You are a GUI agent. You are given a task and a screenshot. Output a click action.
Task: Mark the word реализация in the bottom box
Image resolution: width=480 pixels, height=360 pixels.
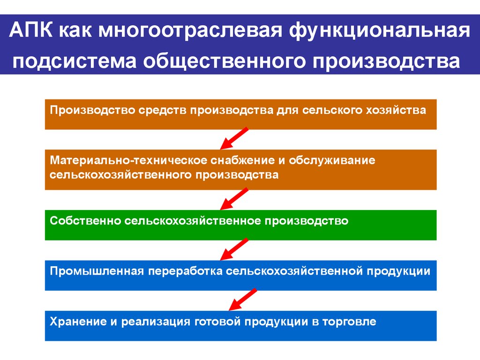[x=155, y=322]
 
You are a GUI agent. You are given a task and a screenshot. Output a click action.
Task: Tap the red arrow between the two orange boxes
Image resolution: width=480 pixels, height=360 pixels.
[x=234, y=138]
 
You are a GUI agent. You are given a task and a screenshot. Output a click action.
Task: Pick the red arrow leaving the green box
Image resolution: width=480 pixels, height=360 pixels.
[x=234, y=249]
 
